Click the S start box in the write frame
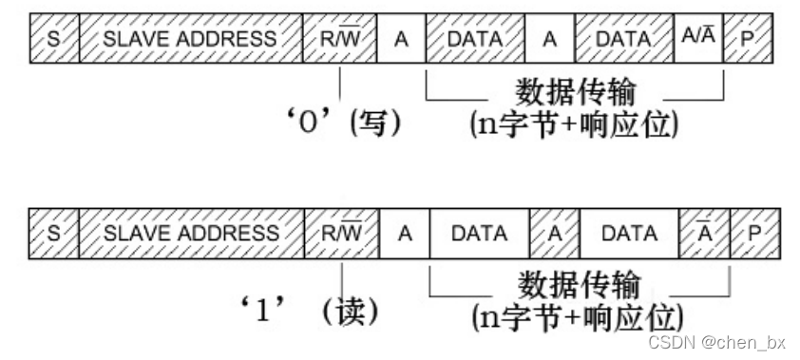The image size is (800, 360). coord(53,39)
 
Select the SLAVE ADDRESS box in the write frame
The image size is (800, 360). coord(190,39)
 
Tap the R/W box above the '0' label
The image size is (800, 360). coord(339,39)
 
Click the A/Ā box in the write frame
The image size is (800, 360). coord(698,39)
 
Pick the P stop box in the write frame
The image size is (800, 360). coord(747,39)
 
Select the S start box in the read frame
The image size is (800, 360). coord(53,233)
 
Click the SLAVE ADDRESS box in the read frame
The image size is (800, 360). coord(190,233)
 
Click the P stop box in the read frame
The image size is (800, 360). coord(752,233)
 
